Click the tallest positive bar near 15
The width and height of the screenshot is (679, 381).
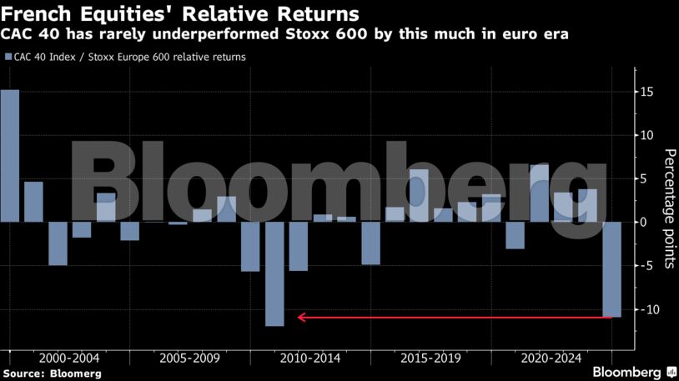click(9, 155)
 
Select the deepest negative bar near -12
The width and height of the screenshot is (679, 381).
click(274, 273)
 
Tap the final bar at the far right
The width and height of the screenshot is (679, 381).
click(612, 268)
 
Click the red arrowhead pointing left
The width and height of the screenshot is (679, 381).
click(302, 317)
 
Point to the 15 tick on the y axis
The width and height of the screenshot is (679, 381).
click(647, 92)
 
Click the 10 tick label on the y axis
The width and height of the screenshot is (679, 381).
click(647, 135)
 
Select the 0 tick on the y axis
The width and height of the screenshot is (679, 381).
click(647, 222)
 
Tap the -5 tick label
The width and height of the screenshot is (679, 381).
click(647, 265)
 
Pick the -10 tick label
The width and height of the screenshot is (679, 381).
click(646, 309)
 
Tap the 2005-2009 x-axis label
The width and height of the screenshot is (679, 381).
click(189, 358)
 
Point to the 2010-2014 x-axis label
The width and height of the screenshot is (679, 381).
click(309, 358)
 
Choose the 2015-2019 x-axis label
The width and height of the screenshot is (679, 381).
click(430, 358)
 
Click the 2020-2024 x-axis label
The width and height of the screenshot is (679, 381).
click(551, 358)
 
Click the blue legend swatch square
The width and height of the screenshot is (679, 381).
click(8, 58)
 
